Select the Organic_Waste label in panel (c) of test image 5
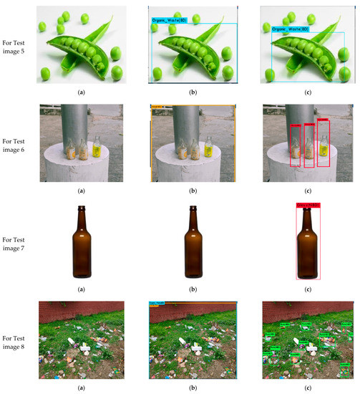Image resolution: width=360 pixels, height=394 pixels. (x=290, y=29)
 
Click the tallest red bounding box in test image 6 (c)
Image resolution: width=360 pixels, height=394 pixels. (x=323, y=143)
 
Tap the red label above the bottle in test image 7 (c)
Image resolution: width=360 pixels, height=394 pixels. (x=308, y=206)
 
